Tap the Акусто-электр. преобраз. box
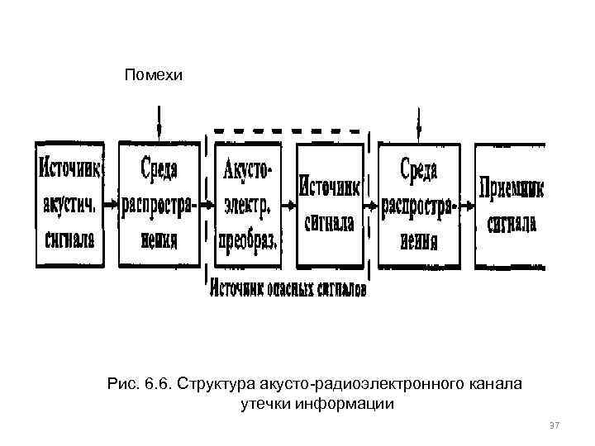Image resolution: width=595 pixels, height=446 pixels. (x=247, y=204)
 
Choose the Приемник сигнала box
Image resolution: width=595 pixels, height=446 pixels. (x=512, y=204)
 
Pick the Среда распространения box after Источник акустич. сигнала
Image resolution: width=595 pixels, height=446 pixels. (x=159, y=204)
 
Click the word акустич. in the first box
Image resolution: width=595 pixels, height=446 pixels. (x=69, y=204)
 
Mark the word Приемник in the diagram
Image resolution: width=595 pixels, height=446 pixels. (x=512, y=187)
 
